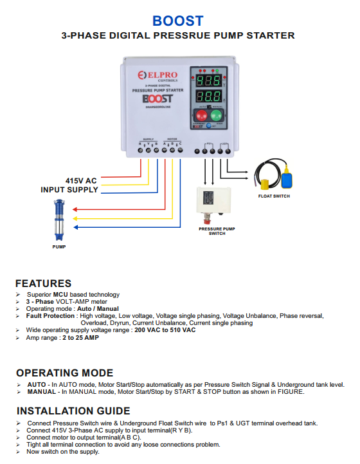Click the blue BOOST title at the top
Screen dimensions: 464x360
pos(178,21)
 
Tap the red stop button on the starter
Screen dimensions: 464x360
pos(201,117)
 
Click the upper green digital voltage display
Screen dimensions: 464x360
pos(209,82)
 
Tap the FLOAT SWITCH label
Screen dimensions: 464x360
pos(274,196)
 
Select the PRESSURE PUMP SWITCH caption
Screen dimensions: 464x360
pos(217,230)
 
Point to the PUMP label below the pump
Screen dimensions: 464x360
pos(59,246)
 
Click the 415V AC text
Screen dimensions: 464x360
pos(82,180)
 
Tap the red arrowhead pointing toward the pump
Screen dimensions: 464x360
pos(76,210)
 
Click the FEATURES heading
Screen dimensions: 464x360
pos(43,283)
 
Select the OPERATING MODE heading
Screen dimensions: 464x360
pos(64,373)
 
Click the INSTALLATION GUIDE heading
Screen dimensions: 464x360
pos(73,411)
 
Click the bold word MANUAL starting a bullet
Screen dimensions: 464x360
pos(41,391)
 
